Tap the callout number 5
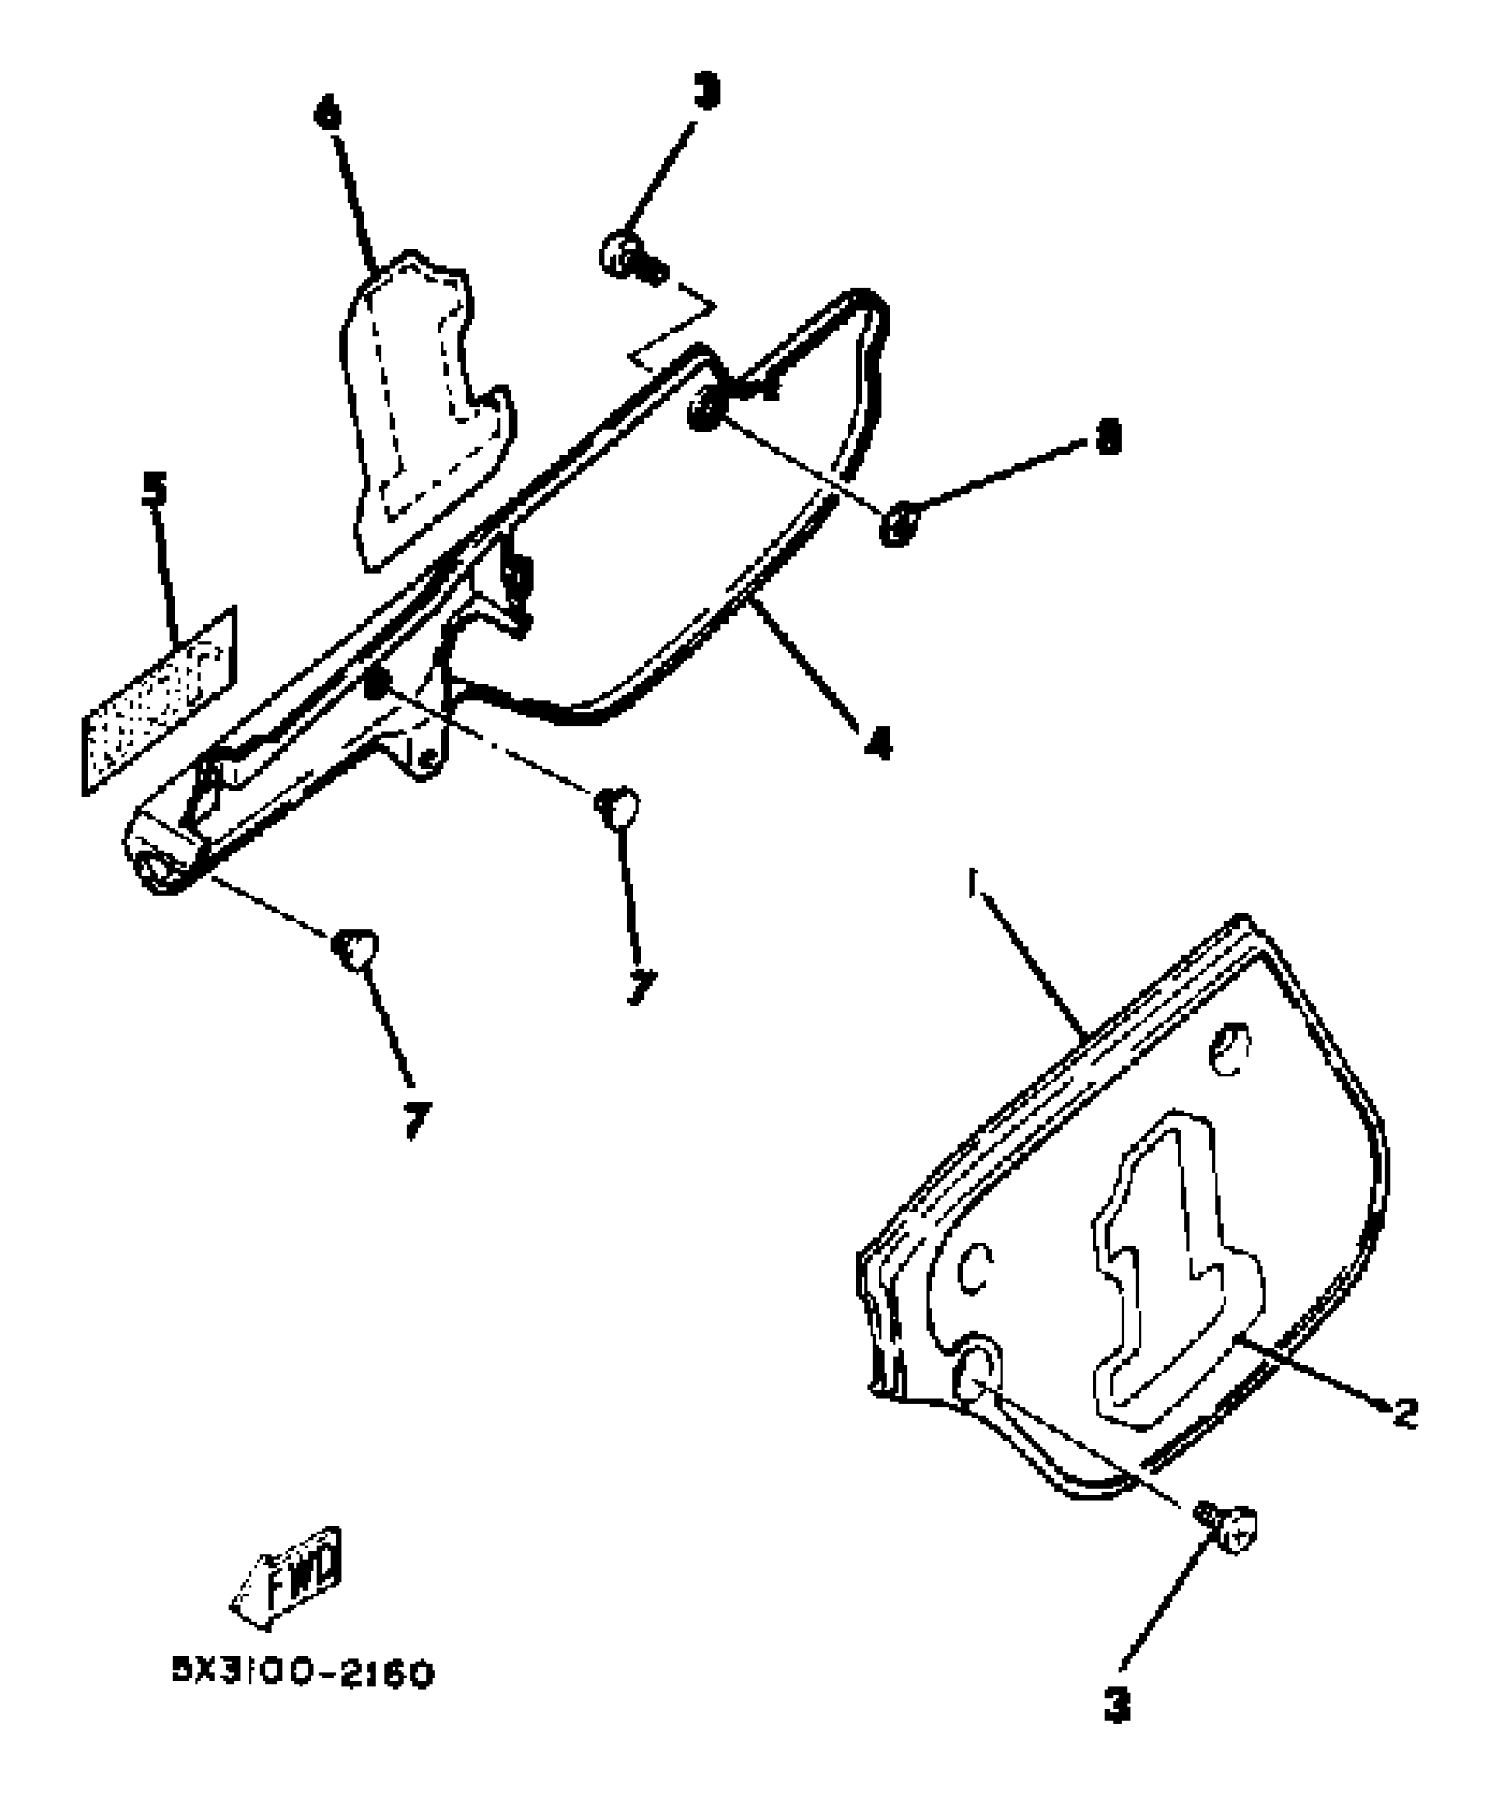[x=156, y=490]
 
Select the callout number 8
[x=1107, y=436]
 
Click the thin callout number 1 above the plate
[x=971, y=883]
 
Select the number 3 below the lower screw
[x=1117, y=1706]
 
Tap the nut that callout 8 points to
[x=897, y=525]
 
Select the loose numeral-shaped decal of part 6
[x=425, y=407]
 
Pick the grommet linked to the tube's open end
[x=355, y=950]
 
